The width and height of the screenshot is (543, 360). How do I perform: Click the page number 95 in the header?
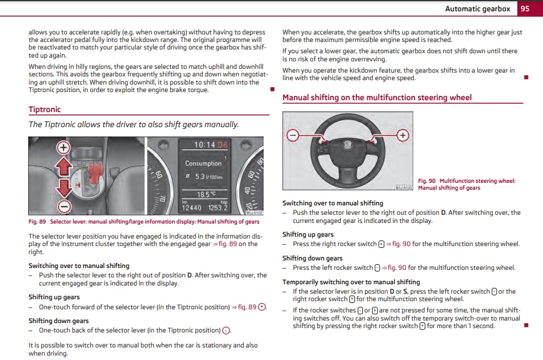tap(525, 8)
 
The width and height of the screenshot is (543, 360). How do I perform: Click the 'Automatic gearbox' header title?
tap(478, 9)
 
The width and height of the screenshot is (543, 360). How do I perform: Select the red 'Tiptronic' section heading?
tap(44, 110)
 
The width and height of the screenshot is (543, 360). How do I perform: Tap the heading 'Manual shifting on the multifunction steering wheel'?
tap(377, 98)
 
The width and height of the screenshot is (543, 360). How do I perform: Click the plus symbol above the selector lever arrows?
tap(63, 148)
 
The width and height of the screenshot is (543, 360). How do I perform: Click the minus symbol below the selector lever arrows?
tap(63, 206)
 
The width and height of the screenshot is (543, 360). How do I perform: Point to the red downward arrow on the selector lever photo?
tap(63, 188)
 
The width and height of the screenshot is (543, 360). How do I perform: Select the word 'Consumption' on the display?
tap(203, 163)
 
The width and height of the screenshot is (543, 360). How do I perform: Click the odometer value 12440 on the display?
tap(192, 208)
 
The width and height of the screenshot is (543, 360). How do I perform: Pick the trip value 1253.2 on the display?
tap(218, 208)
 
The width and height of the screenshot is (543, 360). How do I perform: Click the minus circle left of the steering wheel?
tap(292, 135)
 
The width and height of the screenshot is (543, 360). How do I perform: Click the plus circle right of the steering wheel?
tap(402, 135)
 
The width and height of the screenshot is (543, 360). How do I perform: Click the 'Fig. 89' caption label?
tap(38, 222)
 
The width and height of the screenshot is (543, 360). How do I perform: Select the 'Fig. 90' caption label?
tap(427, 181)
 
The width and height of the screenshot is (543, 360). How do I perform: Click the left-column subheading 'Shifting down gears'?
tap(58, 321)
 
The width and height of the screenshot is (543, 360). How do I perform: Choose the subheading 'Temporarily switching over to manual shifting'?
tap(351, 282)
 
